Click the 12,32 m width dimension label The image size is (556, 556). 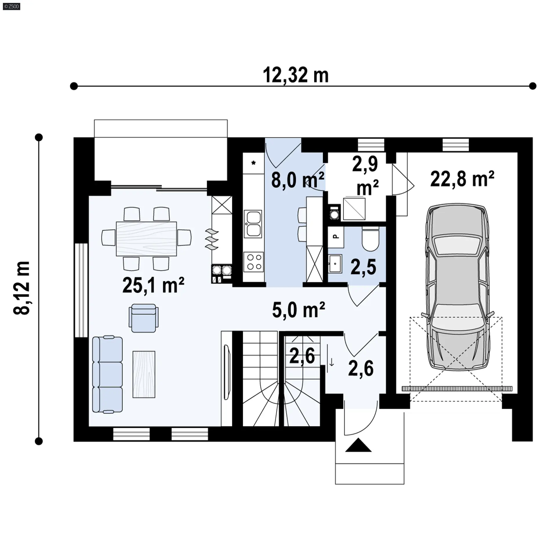pyautogui.click(x=296, y=75)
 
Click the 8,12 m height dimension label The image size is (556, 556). pyautogui.click(x=22, y=288)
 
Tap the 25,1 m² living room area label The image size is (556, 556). pyautogui.click(x=153, y=285)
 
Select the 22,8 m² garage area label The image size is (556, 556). pyautogui.click(x=462, y=179)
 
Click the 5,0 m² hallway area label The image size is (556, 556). pyautogui.click(x=299, y=310)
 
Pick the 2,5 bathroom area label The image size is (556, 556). pyautogui.click(x=363, y=267)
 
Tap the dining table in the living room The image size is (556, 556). pyautogui.click(x=146, y=239)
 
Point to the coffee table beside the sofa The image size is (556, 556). pyautogui.click(x=144, y=374)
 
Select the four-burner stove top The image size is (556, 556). pyautogui.click(x=254, y=262)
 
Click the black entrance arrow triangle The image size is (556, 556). pyautogui.click(x=358, y=445)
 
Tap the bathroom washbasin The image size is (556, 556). pyautogui.click(x=335, y=264)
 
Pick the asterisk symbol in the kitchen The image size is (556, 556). pyautogui.click(x=253, y=163)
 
